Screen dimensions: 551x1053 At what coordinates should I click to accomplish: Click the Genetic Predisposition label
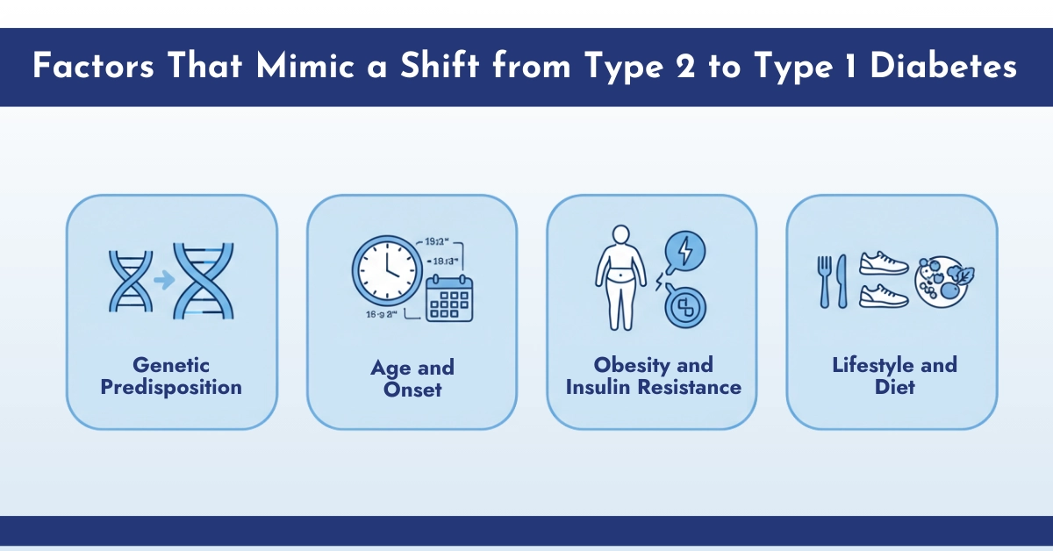click(171, 376)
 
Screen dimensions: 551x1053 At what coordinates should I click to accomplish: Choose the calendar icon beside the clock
click(449, 297)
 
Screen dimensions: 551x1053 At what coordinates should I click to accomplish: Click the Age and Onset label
click(412, 378)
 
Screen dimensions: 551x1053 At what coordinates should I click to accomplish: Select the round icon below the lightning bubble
click(686, 307)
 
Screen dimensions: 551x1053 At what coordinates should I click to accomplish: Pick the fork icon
click(824, 281)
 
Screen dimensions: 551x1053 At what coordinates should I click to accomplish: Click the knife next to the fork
click(842, 281)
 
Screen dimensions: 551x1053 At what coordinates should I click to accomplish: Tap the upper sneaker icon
click(884, 262)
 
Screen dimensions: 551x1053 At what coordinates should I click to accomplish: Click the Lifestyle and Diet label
click(893, 376)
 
